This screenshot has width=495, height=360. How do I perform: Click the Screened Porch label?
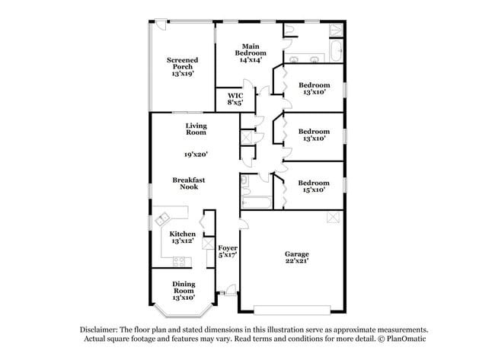(x=183, y=67)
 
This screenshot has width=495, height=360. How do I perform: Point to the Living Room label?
(x=196, y=129)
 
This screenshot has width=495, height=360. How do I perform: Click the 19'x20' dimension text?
(x=196, y=154)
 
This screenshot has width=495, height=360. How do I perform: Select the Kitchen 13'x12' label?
(x=182, y=237)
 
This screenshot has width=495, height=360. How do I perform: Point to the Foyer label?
(x=228, y=252)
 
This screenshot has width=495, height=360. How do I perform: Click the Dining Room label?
(x=183, y=290)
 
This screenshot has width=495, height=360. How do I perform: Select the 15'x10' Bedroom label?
(x=313, y=186)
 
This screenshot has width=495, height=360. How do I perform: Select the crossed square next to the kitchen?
(x=207, y=244)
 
